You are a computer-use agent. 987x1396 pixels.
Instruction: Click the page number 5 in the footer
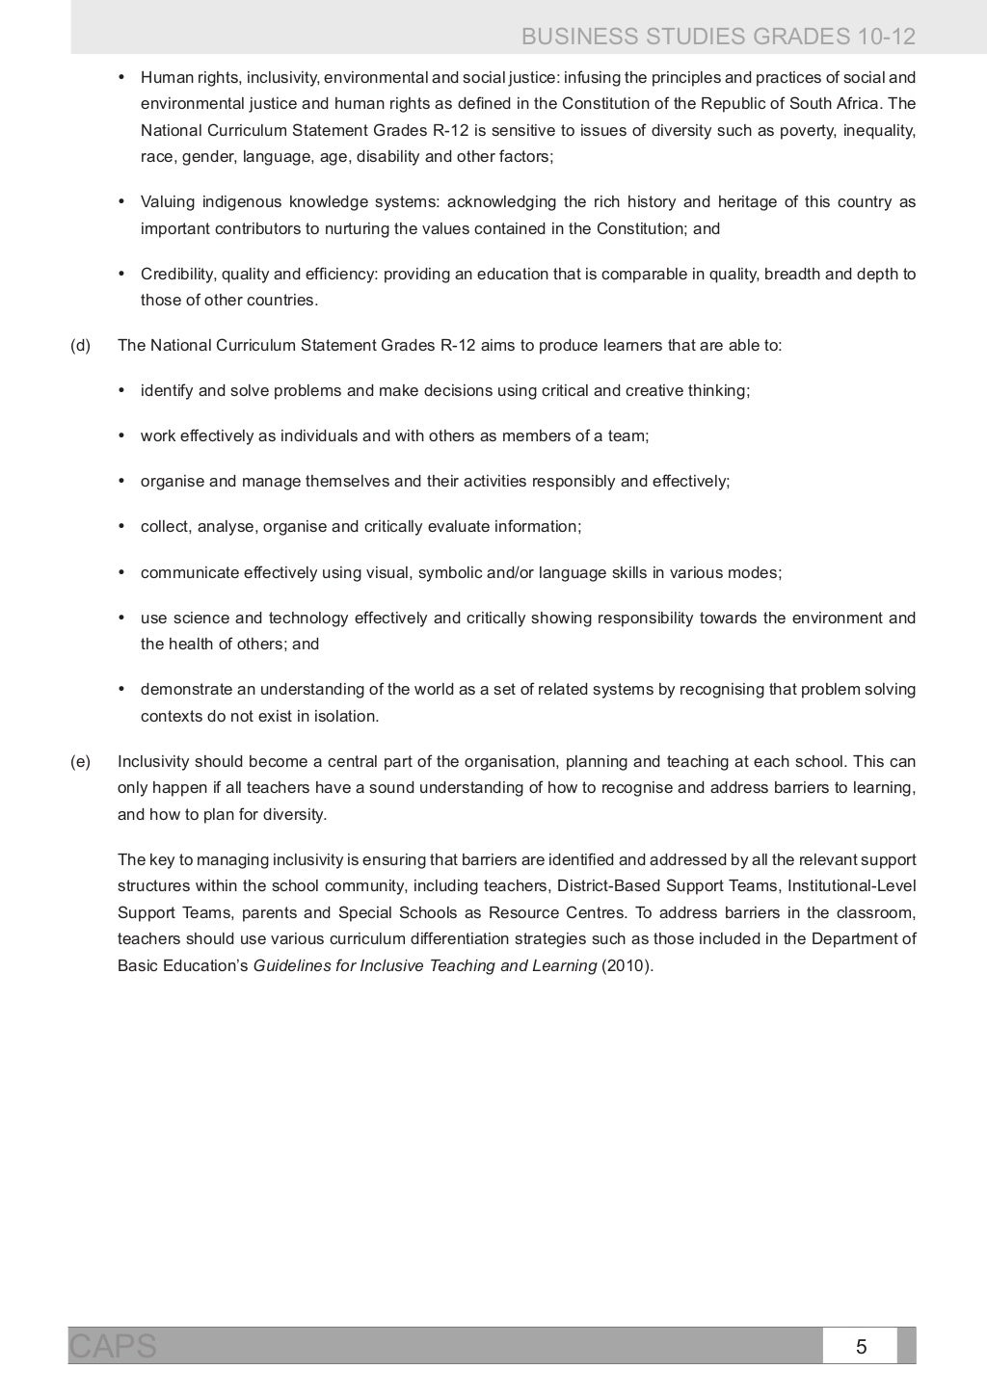tap(861, 1347)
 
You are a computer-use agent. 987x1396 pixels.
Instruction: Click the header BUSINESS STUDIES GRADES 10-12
tap(718, 38)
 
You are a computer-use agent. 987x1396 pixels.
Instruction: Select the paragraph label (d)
tap(80, 346)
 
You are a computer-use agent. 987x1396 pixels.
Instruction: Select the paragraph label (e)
tap(80, 762)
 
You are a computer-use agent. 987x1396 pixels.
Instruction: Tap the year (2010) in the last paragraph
tap(627, 966)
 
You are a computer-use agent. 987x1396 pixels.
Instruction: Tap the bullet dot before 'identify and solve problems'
tap(121, 390)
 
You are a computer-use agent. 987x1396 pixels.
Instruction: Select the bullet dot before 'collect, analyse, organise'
tap(121, 526)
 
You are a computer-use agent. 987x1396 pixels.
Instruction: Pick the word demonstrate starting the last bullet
tap(184, 690)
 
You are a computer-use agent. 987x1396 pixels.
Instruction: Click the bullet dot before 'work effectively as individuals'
tap(121, 435)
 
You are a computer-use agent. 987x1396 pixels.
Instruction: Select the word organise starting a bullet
tap(173, 482)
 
